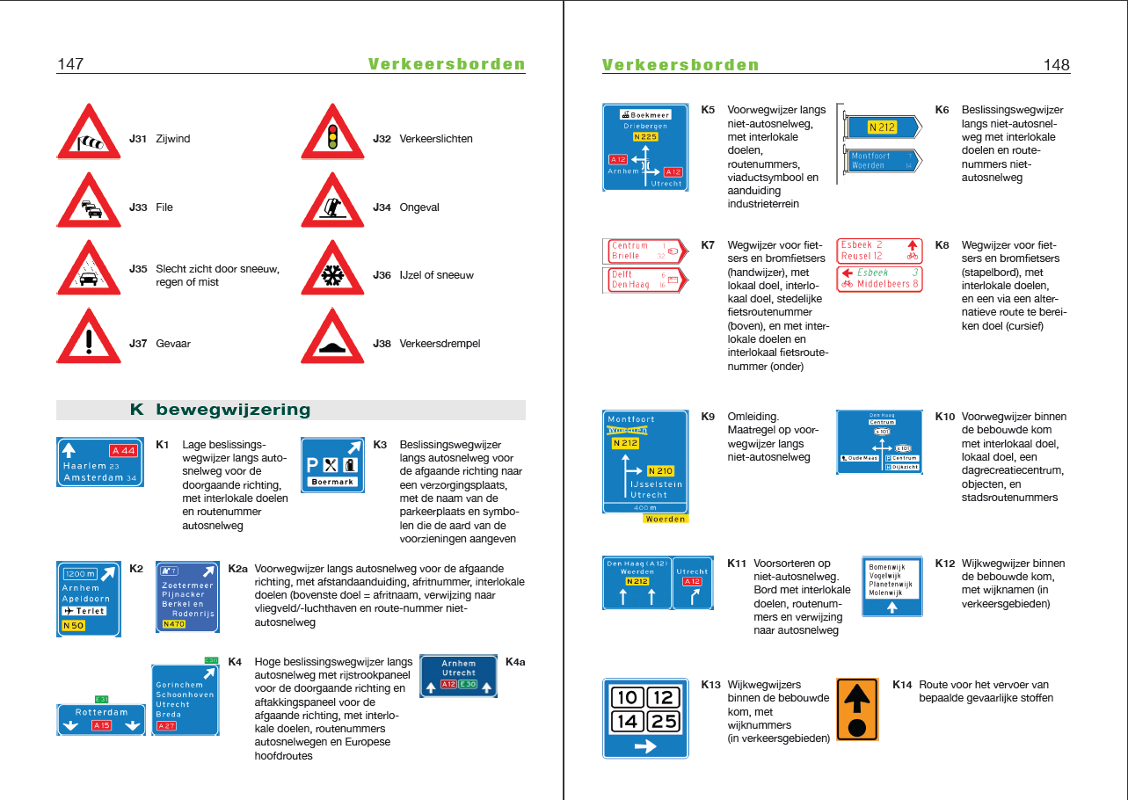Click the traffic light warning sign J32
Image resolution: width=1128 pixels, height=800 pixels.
coord(332,135)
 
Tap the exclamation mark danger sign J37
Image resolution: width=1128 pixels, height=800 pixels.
coord(89,339)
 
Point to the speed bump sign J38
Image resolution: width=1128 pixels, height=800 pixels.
coord(332,339)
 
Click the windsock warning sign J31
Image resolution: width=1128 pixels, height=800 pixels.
coord(89,135)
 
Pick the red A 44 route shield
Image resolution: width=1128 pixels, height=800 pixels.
coord(123,451)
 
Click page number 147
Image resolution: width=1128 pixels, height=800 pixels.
coord(70,64)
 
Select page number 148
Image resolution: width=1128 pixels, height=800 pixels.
coord(1056,65)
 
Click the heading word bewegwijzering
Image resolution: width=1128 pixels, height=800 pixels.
coord(233,410)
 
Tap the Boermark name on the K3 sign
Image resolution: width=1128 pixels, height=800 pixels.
coord(332,482)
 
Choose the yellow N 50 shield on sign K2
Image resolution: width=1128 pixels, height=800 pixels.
coord(74,626)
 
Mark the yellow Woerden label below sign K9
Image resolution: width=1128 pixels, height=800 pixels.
coord(665,519)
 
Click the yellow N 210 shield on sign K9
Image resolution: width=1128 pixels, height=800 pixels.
coord(660,471)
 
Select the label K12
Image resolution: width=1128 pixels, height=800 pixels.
coord(945,564)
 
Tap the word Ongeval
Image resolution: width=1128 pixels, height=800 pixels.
coord(419,207)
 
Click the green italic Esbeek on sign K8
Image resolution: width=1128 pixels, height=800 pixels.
coord(873,273)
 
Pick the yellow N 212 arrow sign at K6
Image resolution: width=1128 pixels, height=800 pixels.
coord(882,127)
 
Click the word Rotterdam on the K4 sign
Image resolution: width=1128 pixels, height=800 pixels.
coord(101,712)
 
